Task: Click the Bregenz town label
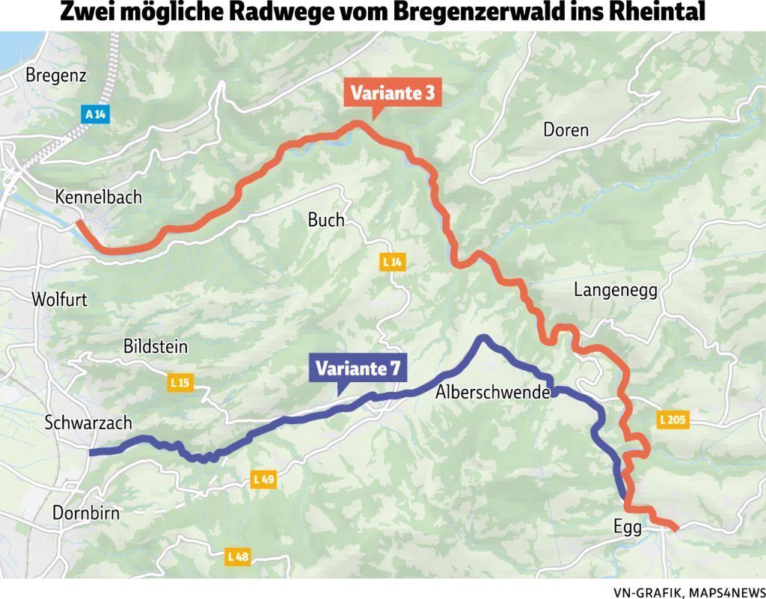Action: coord(56,76)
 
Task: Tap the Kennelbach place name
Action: coord(98,197)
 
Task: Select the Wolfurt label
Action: coord(59,300)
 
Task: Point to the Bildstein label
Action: coord(155,347)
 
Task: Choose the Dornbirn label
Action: coord(86,513)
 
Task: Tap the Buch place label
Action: coord(326,220)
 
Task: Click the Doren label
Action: coord(566,130)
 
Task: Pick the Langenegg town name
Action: coord(616,290)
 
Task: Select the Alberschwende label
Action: coord(493,392)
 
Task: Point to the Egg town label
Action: coord(627,528)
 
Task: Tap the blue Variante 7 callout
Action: coord(358,369)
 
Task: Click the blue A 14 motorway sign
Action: coord(95,114)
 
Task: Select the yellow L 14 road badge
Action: coord(392,262)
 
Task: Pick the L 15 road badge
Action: coord(180,383)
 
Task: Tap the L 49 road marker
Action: coord(263,479)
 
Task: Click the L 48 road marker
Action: coord(237,556)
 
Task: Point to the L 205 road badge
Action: coord(672,420)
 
